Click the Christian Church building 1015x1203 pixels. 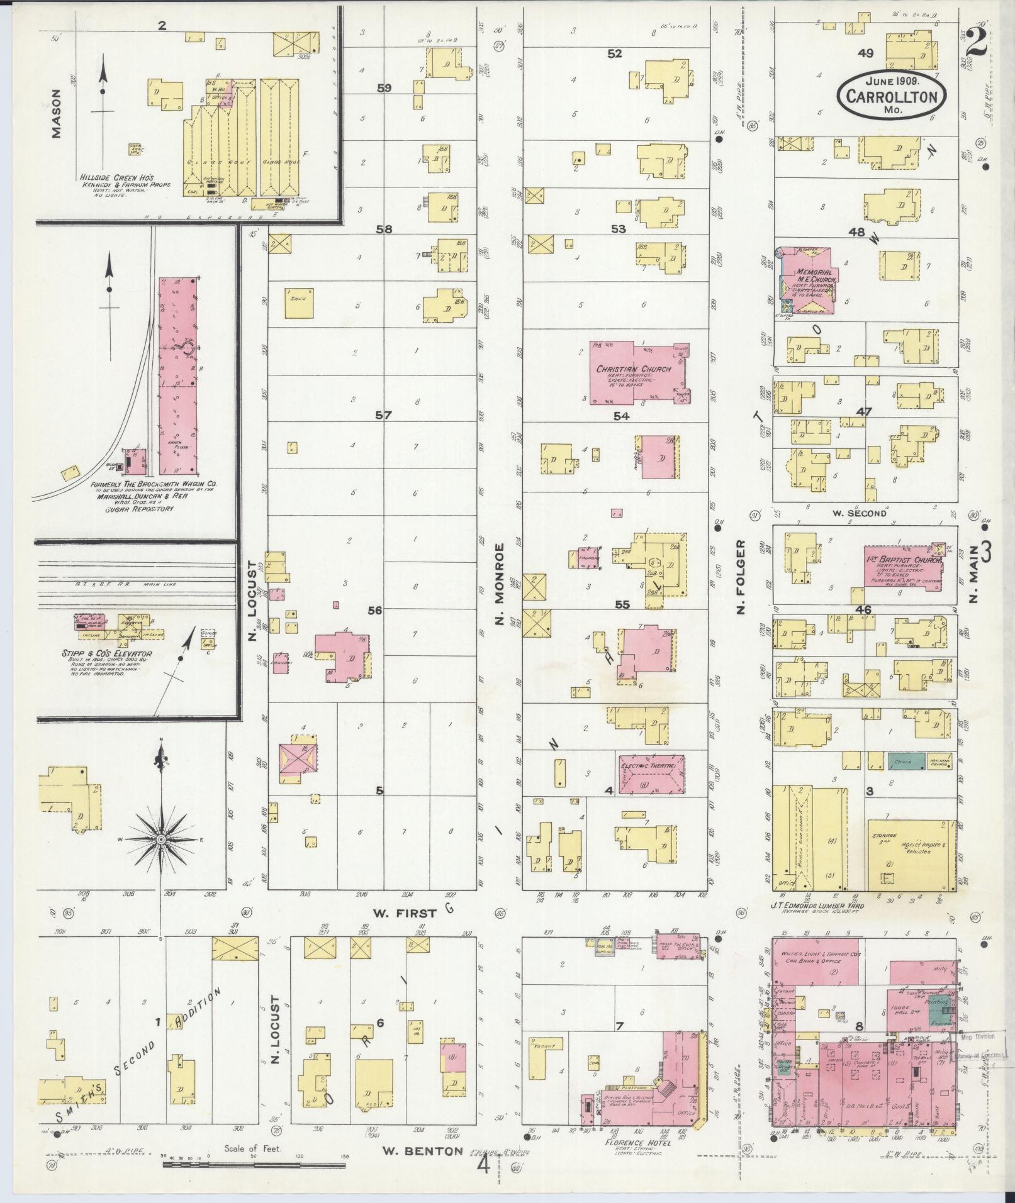pos(636,374)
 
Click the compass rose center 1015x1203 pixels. pos(162,840)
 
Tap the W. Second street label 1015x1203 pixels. pos(859,513)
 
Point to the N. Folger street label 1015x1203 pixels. pos(740,576)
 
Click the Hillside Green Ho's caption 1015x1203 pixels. pos(116,178)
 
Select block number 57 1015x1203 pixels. pos(383,415)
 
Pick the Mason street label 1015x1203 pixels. pos(57,113)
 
